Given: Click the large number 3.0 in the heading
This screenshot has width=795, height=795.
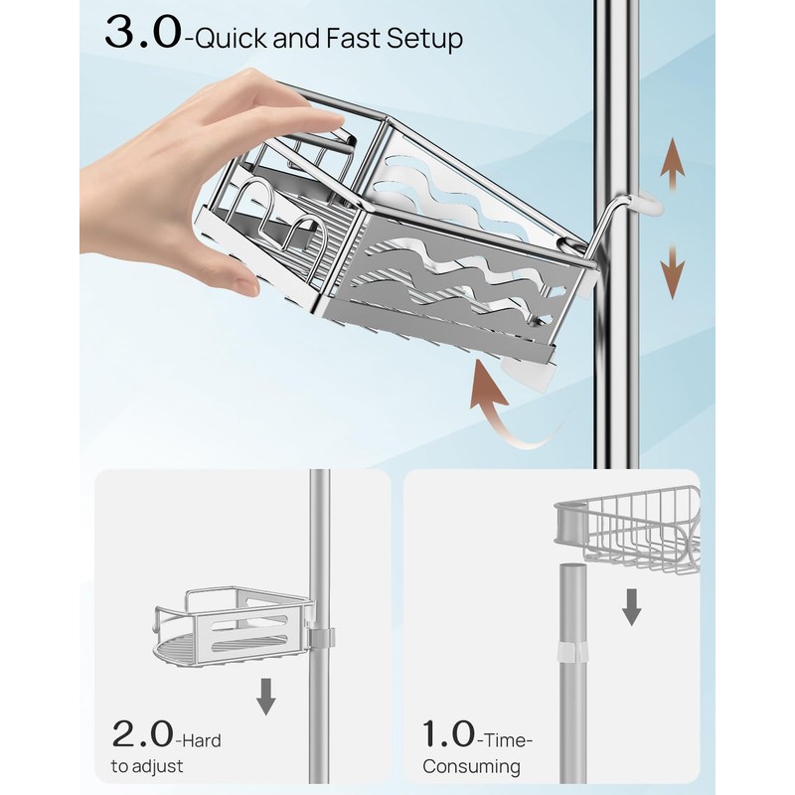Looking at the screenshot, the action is (141, 33).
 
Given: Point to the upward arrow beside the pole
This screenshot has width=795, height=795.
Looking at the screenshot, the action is (673, 167).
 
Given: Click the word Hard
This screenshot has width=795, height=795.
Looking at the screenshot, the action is (201, 740).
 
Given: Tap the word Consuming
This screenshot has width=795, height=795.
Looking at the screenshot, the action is (471, 767).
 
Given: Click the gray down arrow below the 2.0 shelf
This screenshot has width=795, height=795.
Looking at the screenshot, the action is (265, 697).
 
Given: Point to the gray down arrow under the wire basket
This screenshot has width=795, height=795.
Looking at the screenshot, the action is (630, 605).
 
